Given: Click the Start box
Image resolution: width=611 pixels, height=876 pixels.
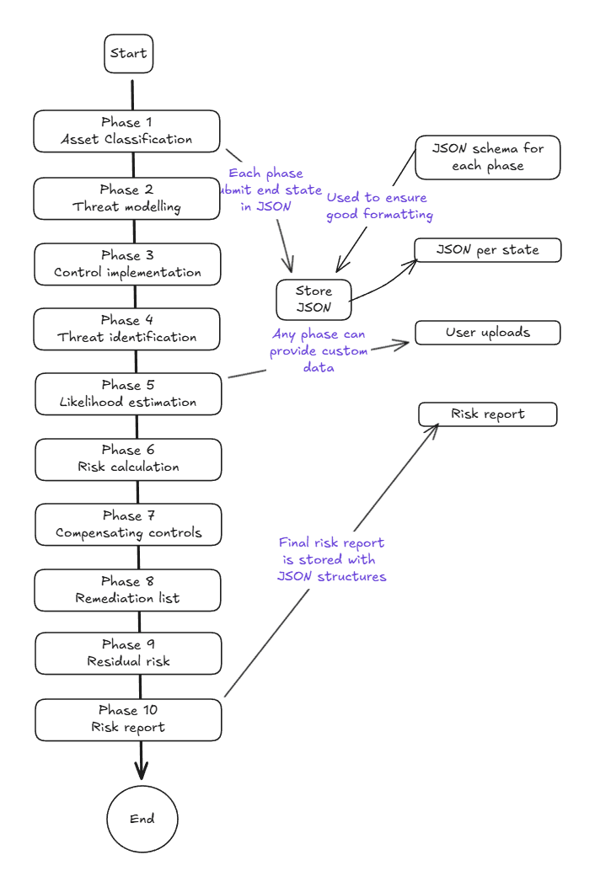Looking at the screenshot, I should [x=128, y=54].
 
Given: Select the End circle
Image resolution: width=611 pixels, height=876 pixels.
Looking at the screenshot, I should [x=142, y=819].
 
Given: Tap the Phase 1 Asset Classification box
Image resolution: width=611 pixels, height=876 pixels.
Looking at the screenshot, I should [x=126, y=131].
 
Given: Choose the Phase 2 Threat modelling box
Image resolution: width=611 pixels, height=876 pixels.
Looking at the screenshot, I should [x=126, y=198].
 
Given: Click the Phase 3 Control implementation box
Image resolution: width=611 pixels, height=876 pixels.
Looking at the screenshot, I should [x=127, y=264].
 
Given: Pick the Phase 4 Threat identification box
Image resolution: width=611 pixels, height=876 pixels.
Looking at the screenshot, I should [x=126, y=328].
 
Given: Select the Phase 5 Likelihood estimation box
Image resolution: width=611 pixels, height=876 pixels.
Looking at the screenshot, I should [x=128, y=394].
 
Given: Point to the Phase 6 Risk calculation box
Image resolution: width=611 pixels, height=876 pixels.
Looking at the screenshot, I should [x=128, y=459].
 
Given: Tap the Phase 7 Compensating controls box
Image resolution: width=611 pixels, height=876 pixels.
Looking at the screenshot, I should [x=128, y=525].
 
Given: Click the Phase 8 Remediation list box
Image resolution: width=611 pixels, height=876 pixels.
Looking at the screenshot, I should [x=127, y=590].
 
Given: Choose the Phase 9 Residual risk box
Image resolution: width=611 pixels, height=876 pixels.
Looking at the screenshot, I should [x=128, y=654].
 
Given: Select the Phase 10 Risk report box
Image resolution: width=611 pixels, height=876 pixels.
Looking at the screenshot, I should [x=128, y=719].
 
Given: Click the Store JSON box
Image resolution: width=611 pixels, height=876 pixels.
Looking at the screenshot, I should [x=314, y=300].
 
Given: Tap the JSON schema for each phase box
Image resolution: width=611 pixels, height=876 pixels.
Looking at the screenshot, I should [x=487, y=158].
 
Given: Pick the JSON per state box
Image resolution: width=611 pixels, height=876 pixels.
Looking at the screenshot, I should [x=487, y=250].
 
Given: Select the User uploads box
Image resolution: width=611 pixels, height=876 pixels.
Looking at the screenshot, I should [x=487, y=333].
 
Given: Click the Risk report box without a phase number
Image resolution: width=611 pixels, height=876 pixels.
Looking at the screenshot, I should [x=487, y=414].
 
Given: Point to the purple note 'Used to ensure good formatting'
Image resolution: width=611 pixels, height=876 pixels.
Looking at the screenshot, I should [x=378, y=206].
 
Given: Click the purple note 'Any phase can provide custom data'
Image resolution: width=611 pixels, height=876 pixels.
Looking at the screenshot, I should [x=319, y=351].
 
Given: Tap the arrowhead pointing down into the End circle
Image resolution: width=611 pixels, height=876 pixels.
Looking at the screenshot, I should [x=141, y=772].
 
